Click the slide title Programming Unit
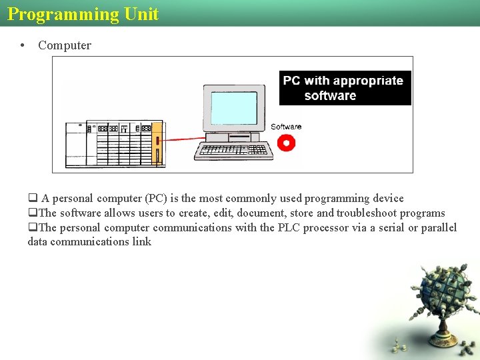pos(83,14)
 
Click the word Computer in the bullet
pos(65,45)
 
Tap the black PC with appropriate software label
pos(345,88)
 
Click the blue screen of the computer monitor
pos(233,108)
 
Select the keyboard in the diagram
pos(234,151)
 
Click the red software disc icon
pos(286,142)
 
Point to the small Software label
pos(286,127)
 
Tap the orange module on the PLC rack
pos(157,142)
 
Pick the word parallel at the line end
pos(439,228)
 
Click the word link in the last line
pos(142,242)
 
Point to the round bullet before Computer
pos(23,45)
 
